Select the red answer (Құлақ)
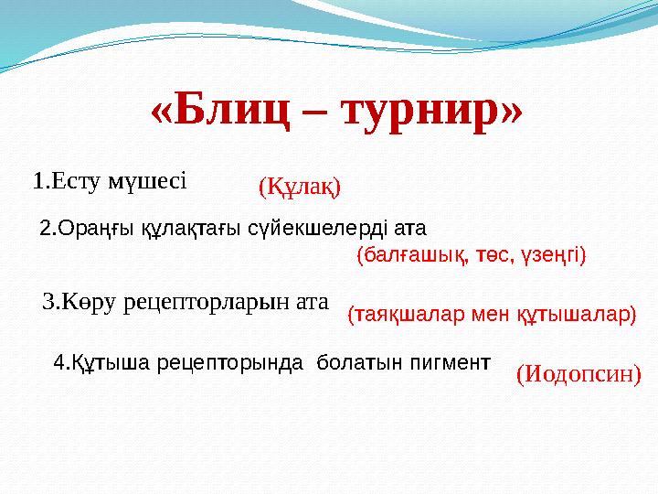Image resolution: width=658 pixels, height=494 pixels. pyautogui.click(x=300, y=188)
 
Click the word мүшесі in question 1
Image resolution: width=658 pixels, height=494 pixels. pyautogui.click(x=147, y=180)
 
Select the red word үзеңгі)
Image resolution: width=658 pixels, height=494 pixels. pyautogui.click(x=553, y=256)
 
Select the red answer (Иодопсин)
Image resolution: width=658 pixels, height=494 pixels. pyautogui.click(x=578, y=373)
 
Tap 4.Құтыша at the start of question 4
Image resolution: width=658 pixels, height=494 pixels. pyautogui.click(x=95, y=362)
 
